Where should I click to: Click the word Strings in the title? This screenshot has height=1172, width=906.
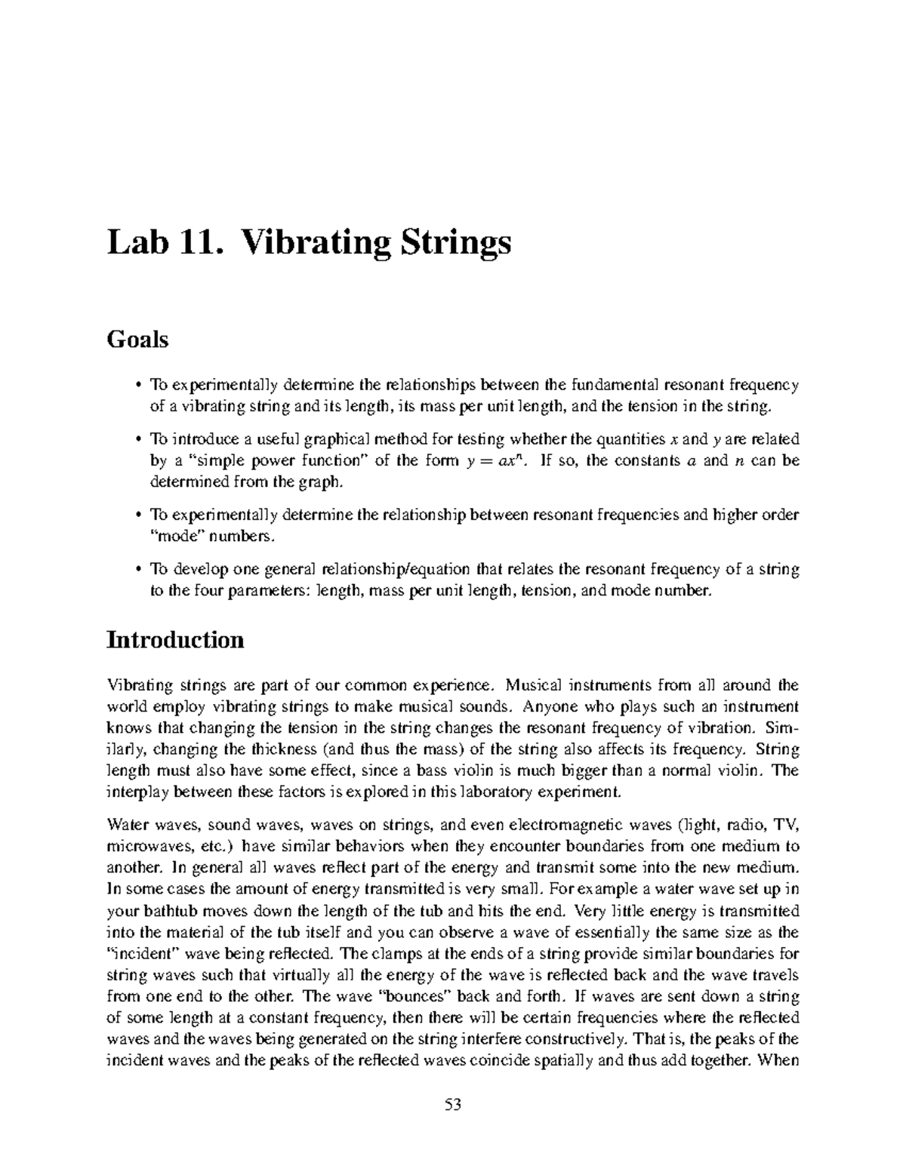[x=451, y=243]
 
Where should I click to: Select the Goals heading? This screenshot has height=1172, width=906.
[x=137, y=340]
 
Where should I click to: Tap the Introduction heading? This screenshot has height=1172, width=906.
[x=175, y=640]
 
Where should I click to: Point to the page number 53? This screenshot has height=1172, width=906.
[x=453, y=1106]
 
